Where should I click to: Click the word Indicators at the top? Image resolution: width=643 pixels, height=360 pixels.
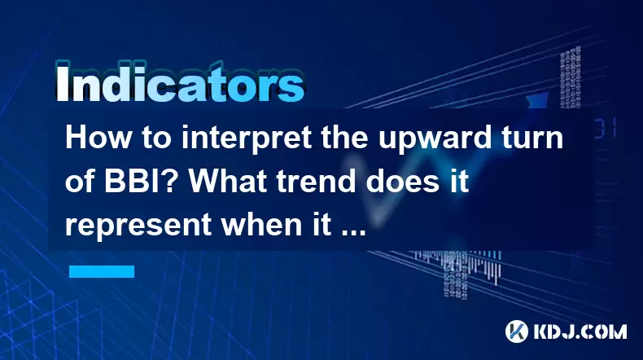pyautogui.click(x=180, y=83)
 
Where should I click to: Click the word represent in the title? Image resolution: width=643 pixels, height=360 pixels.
pyautogui.click(x=138, y=225)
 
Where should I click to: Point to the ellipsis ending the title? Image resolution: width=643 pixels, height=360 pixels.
pyautogui.click(x=354, y=232)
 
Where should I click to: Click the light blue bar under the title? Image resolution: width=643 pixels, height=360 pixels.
pyautogui.click(x=102, y=271)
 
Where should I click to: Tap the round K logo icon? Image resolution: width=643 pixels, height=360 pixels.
pyautogui.click(x=517, y=331)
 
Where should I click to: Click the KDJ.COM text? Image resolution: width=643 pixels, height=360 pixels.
pyautogui.click(x=580, y=331)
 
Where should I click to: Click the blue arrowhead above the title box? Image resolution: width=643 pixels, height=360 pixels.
pyautogui.click(x=537, y=100)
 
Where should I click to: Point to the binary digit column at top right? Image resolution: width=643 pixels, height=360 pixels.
pyautogui.click(x=571, y=77)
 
